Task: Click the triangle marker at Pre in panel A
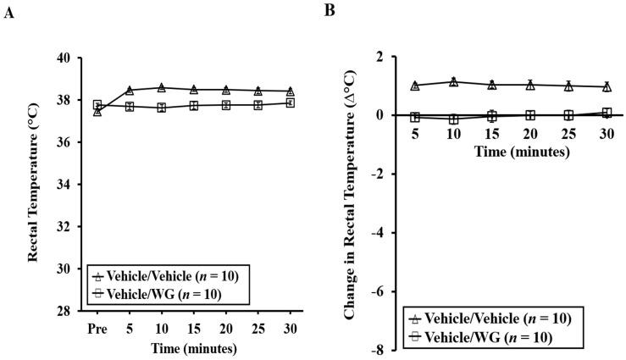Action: pos(97,111)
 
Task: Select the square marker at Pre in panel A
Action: pos(97,105)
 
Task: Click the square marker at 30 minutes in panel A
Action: pos(291,102)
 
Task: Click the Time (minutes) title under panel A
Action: pos(194,347)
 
